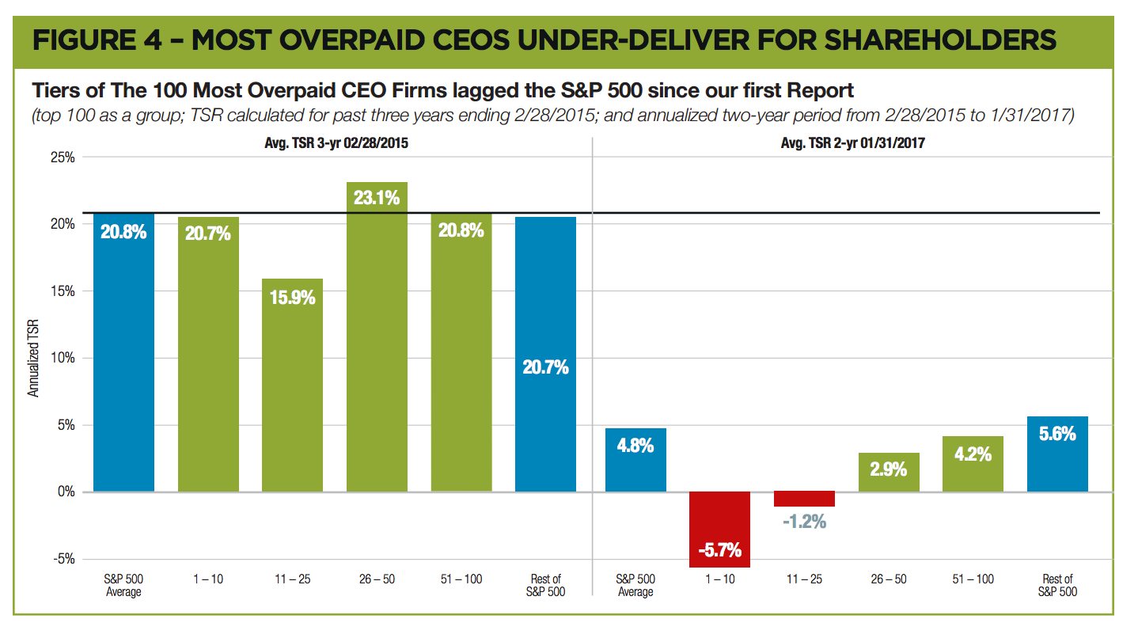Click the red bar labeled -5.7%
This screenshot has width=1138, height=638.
(719, 529)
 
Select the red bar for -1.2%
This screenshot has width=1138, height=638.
(804, 499)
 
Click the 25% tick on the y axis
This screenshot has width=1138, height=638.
(63, 158)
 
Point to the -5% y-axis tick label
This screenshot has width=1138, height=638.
(63, 559)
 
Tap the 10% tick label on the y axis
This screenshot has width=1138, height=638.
(63, 358)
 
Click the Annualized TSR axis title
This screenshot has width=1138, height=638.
(33, 358)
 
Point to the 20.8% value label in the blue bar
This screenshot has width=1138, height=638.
(123, 233)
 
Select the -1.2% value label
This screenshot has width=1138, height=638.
(804, 522)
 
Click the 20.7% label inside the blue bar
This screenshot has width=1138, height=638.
(545, 367)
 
